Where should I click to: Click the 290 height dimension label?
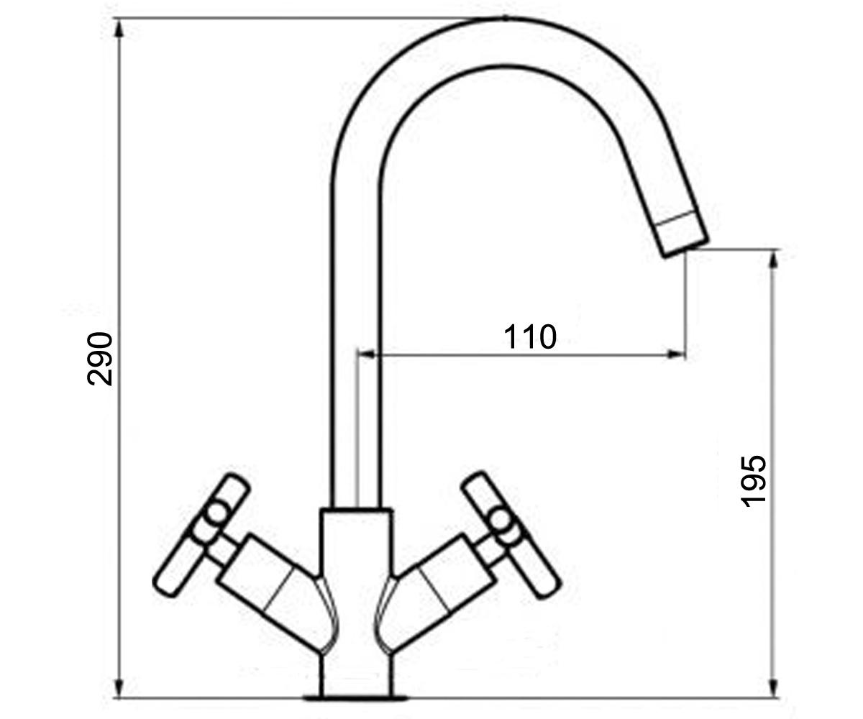click(x=100, y=359)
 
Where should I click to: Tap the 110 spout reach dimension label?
click(x=530, y=336)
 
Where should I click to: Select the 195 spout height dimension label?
click(x=753, y=481)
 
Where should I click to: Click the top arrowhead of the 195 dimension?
click(x=773, y=261)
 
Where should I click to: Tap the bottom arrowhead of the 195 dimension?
click(x=773, y=687)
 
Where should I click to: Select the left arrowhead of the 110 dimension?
click(x=367, y=354)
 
